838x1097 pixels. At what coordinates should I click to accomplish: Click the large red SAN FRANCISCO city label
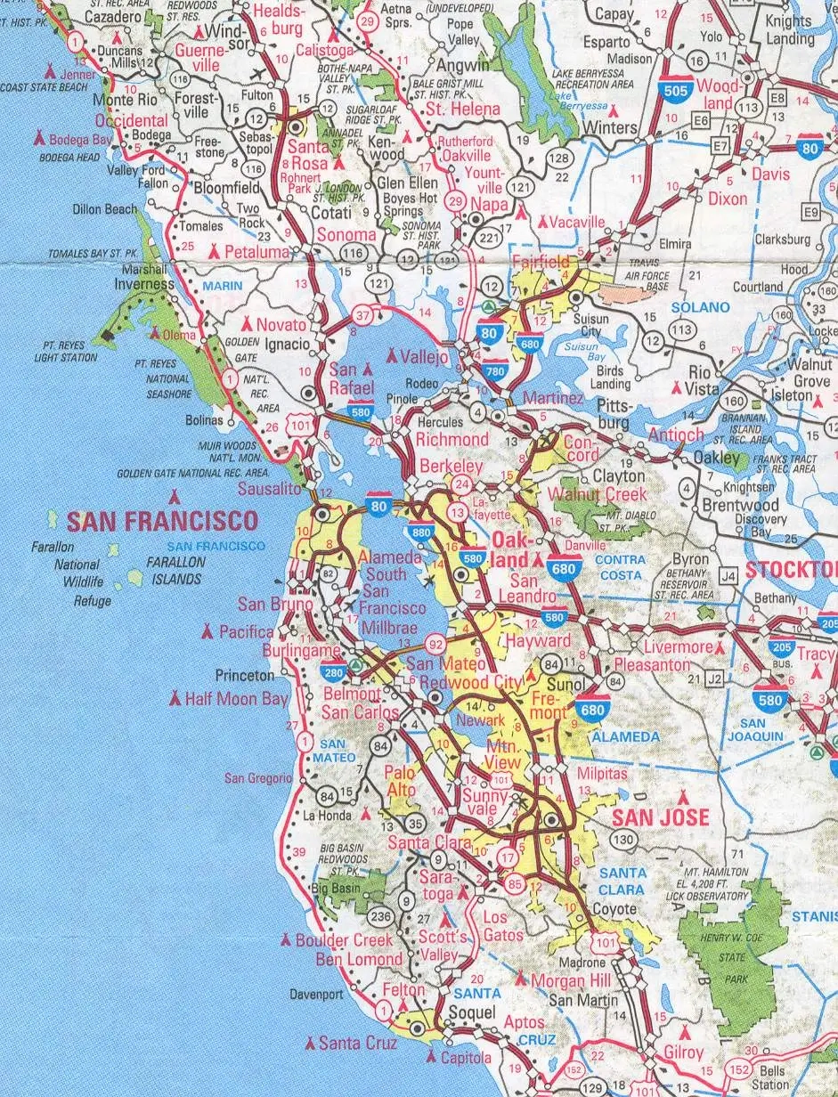pos(163,521)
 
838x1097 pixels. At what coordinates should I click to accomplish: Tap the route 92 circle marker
pos(436,644)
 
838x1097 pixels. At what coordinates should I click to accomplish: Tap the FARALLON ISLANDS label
pos(175,570)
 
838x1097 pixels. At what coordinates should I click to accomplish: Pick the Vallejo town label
pos(425,356)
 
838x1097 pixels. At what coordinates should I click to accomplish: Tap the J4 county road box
pos(729,576)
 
